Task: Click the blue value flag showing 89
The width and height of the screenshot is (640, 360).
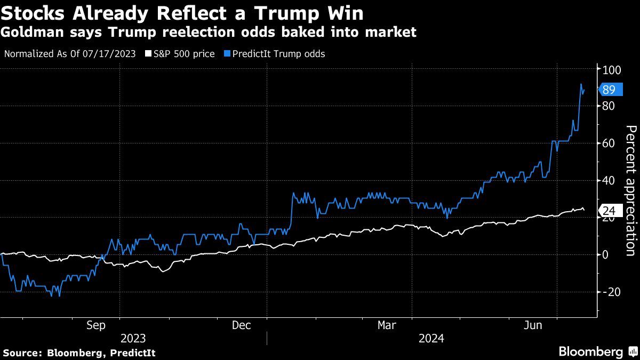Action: pos(609,90)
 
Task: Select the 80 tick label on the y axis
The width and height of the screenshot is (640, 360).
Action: pos(609,106)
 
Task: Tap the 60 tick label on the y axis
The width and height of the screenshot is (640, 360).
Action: pos(609,143)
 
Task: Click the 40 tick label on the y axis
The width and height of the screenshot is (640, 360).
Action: pos(609,180)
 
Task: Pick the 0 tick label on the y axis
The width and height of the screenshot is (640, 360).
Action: pos(606,254)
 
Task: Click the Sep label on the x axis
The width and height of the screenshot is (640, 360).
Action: pos(96,325)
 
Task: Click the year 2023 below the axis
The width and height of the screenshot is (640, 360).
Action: pos(133,338)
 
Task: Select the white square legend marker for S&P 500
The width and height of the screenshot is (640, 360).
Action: pos(149,54)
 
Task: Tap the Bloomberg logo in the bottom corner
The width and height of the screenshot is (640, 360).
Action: pos(597,352)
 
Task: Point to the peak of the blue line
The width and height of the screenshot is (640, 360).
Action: pos(581,84)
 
